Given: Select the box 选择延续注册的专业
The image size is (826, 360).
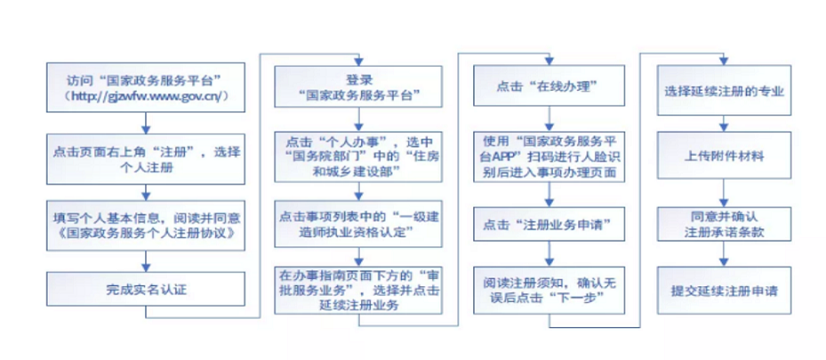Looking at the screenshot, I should pyautogui.click(x=724, y=91).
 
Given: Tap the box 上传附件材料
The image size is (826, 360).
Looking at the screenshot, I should pyautogui.click(x=724, y=156).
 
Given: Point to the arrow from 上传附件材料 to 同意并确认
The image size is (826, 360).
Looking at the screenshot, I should pyautogui.click(x=724, y=189).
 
